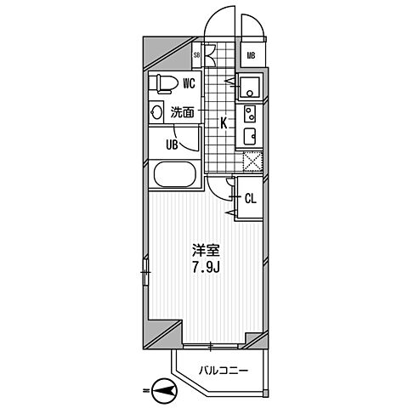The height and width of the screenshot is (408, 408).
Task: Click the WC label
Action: click(x=190, y=82)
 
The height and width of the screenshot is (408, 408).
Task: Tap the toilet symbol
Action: click(x=163, y=83)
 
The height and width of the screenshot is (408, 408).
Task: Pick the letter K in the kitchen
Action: click(x=224, y=123)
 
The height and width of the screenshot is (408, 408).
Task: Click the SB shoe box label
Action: click(x=197, y=58)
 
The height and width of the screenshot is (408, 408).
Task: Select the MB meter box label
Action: click(x=251, y=57)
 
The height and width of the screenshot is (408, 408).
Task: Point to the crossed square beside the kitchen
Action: click(x=252, y=161)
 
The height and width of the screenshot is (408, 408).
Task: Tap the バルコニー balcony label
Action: click(x=224, y=371)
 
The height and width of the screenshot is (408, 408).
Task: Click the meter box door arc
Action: click(x=252, y=25)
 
